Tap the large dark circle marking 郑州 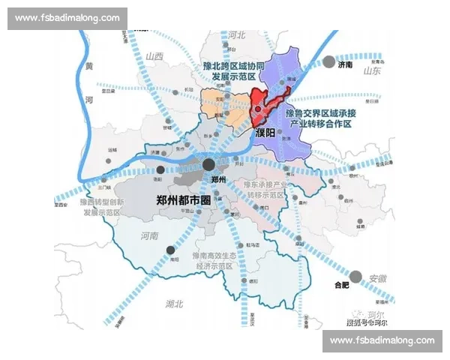tap(210, 165)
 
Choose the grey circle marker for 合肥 tap(356, 275)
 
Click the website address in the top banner tap(67, 18)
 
